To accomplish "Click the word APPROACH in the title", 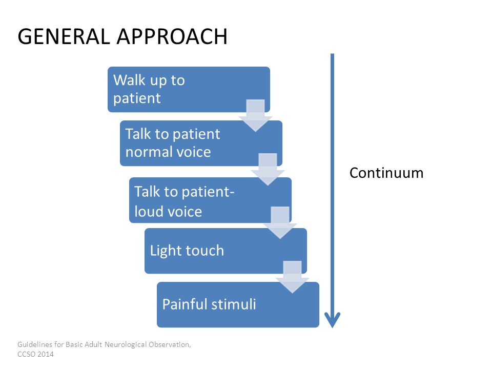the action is (172, 36).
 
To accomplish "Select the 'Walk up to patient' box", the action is (189, 89).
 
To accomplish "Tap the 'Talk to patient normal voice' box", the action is (201, 143).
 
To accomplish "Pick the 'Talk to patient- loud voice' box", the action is (210, 200).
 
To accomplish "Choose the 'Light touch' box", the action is (225, 251).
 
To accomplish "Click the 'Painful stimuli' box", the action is (238, 304).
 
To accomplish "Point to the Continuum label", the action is (386, 173).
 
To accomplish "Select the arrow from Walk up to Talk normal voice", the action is (255, 115).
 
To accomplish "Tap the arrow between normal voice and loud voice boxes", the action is (268, 170).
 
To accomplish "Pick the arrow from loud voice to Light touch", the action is (280, 223).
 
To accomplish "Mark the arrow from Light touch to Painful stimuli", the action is (292, 277).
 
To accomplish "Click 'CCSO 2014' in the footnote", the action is (35, 354).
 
